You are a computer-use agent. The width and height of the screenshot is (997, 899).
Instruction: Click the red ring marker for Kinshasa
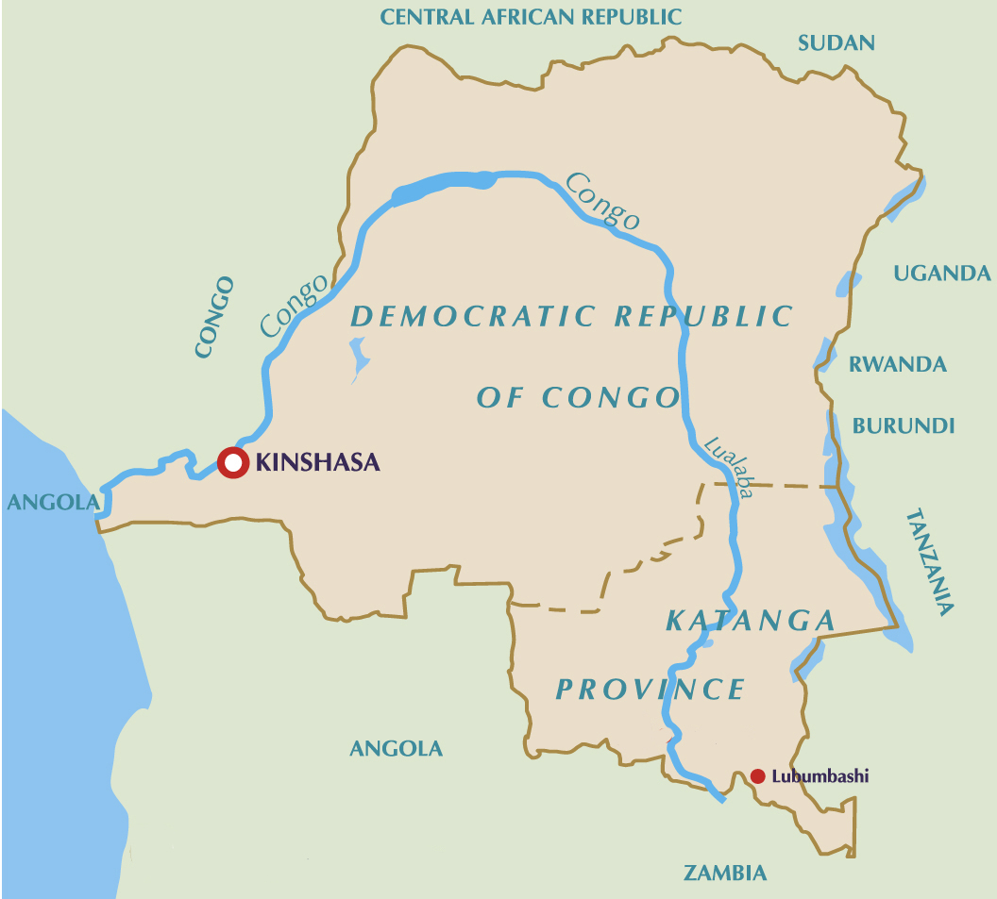231,462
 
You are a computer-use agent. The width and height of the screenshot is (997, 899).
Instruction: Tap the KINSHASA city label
317,462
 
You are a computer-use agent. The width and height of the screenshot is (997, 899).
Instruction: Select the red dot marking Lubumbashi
757,776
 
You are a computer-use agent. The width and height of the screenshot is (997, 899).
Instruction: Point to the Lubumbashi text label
820,776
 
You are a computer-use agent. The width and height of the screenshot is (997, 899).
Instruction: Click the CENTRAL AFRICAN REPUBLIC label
531,16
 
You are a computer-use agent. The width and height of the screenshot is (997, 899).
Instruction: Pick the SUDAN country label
836,42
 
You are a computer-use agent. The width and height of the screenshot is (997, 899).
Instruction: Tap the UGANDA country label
941,274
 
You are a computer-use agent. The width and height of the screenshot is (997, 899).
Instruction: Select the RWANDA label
897,364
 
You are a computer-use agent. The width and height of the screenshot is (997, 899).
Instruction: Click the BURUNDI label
904,425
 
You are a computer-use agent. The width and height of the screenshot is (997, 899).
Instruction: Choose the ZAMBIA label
725,873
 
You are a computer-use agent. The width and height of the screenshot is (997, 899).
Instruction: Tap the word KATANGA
751,621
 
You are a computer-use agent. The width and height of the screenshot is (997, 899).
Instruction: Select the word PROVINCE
651,690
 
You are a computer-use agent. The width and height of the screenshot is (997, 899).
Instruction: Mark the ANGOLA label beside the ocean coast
53,502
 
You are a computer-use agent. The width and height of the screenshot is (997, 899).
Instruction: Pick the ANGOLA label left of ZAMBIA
396,749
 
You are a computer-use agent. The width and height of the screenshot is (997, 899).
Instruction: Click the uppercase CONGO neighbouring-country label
213,317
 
